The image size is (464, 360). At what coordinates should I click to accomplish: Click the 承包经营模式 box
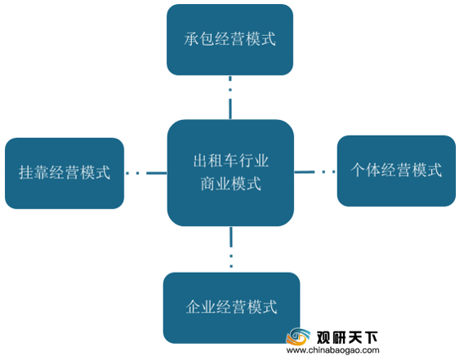[230, 39]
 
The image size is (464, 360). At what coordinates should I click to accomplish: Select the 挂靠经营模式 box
[65, 173]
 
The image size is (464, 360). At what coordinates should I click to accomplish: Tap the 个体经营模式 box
[396, 171]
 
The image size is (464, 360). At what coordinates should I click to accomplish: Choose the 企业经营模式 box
[231, 308]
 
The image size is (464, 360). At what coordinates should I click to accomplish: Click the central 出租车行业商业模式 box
[230, 173]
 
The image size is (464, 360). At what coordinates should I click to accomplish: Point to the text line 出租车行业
[231, 161]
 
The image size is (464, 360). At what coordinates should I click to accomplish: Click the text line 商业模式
[231, 184]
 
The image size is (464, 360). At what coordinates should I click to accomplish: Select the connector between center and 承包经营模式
[230, 97]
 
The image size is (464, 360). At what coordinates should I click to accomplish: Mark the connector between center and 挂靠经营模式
[146, 173]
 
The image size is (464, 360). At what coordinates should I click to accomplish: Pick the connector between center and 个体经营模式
[315, 171]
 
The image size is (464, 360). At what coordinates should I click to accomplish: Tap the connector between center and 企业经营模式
[231, 247]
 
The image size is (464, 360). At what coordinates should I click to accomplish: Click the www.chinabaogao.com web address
[333, 350]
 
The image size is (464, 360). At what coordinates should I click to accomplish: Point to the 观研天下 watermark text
[347, 337]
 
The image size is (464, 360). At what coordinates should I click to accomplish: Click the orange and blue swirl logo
[297, 336]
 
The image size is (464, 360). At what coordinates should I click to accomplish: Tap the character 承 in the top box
[191, 39]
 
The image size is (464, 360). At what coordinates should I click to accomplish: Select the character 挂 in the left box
[26, 172]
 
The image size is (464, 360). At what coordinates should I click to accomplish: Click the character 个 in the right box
[358, 170]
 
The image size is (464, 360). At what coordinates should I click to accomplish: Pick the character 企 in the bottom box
[194, 307]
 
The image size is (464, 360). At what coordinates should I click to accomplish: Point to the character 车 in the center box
[231, 161]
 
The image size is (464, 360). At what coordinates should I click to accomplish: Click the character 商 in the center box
[208, 184]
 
